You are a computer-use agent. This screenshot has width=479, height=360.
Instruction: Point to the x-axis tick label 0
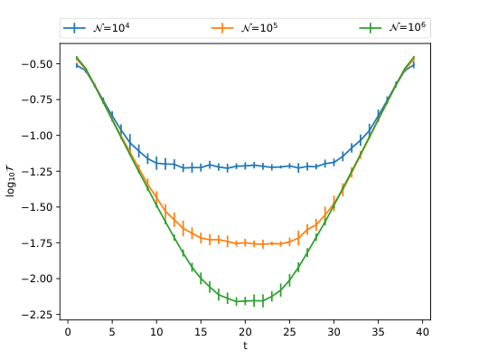[x=68, y=332]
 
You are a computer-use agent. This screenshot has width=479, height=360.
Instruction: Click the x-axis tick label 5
[x=112, y=332]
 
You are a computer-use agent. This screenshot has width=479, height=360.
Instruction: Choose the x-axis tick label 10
[x=156, y=332]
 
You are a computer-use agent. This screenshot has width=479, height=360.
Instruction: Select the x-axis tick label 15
[x=201, y=332]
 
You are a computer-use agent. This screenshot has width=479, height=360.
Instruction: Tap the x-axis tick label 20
[x=245, y=332]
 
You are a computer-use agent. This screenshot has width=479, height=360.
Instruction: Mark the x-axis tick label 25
[x=289, y=332]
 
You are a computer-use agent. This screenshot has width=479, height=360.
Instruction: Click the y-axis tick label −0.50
[x=41, y=64]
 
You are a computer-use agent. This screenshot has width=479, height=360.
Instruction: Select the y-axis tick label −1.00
[x=41, y=136]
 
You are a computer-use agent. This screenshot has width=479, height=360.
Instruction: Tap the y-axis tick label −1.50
[x=41, y=207]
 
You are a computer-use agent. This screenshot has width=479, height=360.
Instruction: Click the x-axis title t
[x=245, y=346]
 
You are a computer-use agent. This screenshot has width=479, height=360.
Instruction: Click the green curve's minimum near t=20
[x=245, y=301]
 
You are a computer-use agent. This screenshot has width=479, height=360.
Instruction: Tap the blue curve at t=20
[x=245, y=166]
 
